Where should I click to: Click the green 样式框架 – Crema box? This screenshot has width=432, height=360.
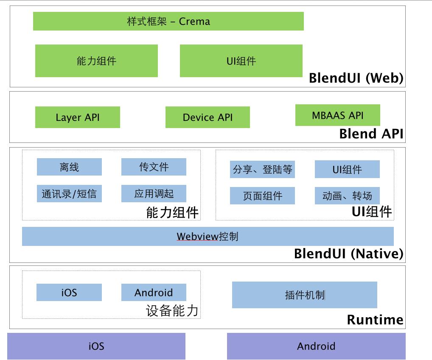click(x=168, y=21)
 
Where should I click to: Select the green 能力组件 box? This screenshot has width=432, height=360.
click(x=96, y=61)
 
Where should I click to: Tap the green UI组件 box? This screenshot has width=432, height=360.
click(x=241, y=61)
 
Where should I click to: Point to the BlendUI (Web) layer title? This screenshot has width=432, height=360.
click(x=356, y=78)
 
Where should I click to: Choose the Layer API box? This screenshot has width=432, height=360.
click(x=78, y=117)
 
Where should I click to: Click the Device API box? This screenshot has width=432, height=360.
click(x=208, y=117)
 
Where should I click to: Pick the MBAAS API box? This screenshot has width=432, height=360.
click(x=337, y=115)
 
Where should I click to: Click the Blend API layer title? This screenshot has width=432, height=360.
click(x=371, y=134)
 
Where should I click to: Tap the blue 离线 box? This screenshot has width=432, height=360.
click(x=69, y=167)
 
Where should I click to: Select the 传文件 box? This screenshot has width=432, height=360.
click(x=154, y=167)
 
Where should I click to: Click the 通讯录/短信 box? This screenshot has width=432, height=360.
click(x=69, y=194)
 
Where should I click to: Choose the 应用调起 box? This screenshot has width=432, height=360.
click(x=154, y=194)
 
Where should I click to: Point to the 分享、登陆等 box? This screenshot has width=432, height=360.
click(x=262, y=170)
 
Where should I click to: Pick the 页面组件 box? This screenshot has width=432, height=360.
click(x=262, y=196)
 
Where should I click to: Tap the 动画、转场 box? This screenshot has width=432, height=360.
click(x=347, y=196)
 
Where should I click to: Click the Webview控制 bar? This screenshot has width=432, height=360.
click(x=208, y=236)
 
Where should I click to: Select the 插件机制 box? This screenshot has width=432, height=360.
click(x=304, y=295)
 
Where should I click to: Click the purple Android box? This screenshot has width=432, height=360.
click(x=316, y=346)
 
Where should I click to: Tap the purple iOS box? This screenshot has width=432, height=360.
click(x=96, y=346)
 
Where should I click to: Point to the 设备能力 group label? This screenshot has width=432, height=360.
click(x=172, y=311)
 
